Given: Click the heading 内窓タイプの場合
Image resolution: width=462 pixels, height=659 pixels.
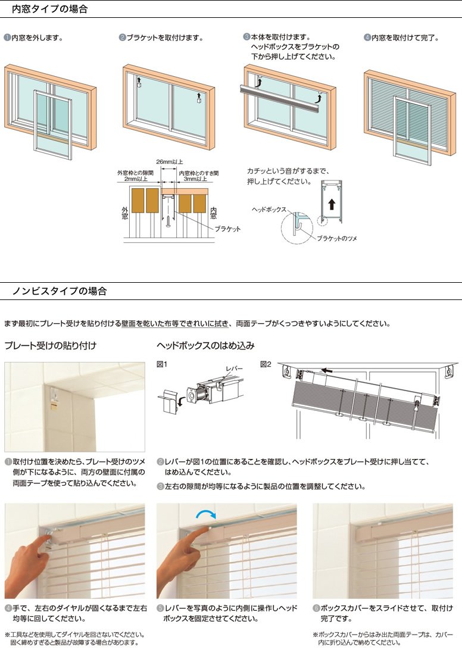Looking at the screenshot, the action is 49,9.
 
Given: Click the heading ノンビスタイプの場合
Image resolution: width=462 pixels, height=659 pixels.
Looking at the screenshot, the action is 60,291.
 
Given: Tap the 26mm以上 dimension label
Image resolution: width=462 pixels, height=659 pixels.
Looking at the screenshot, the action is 170,162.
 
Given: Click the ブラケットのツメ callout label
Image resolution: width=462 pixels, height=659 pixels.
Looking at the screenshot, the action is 337,238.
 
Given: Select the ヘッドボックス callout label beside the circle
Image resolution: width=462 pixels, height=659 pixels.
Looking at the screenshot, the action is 269,210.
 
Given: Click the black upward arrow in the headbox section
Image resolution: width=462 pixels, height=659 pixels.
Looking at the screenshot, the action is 332,204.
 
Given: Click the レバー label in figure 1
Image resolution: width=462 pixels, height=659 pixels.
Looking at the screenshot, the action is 234,368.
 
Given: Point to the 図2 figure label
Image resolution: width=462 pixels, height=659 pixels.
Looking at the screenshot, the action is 266,364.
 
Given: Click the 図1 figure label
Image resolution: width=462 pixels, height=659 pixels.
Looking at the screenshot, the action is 162,364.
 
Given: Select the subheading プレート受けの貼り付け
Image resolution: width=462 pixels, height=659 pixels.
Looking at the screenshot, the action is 51,345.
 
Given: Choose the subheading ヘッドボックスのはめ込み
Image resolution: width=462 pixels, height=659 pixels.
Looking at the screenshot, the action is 205,345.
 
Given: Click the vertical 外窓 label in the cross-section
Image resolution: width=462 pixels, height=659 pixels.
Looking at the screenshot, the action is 125,213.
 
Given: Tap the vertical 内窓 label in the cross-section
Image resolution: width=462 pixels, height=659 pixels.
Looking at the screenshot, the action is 213,213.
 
